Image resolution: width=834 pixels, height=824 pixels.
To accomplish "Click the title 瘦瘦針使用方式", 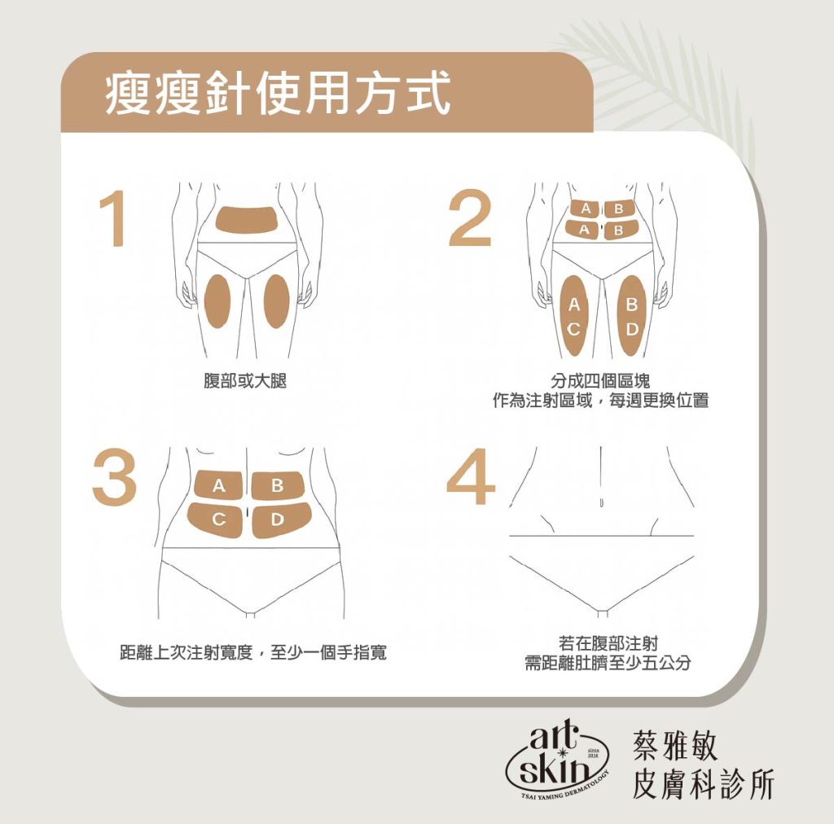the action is (x=278, y=94).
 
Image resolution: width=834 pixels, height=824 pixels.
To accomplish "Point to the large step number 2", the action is (x=469, y=218).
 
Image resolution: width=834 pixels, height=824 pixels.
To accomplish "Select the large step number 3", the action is (x=114, y=477).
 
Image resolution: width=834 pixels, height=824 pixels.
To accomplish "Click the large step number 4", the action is (x=471, y=476).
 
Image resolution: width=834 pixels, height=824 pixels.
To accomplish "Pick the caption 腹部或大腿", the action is (x=245, y=380).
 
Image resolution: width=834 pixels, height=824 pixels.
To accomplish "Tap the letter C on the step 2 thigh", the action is (x=573, y=330).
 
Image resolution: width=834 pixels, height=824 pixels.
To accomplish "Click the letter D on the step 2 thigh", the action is (x=632, y=330).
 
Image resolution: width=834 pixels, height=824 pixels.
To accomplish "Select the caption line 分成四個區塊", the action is (x=600, y=380).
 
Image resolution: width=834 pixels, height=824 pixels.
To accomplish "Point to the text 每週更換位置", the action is (x=659, y=401).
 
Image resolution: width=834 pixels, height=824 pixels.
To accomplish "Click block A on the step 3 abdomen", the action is (x=218, y=485).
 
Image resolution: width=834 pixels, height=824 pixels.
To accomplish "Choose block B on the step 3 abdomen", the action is (x=277, y=485).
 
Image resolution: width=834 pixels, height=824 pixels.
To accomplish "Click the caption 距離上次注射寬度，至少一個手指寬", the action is (x=253, y=652).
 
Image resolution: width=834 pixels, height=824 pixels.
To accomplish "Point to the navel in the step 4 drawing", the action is (x=601, y=502).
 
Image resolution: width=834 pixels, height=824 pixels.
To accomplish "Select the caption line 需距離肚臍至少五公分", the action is (x=608, y=663).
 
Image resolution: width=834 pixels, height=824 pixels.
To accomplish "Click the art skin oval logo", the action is (x=556, y=760).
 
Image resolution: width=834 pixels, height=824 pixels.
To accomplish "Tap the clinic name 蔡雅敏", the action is (x=675, y=745).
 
